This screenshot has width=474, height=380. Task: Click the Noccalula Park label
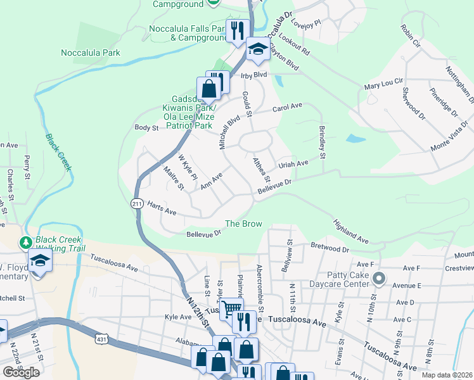click(x=90, y=53)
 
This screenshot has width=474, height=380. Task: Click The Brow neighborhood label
click(x=244, y=224)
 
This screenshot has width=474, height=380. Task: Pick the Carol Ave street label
click(x=288, y=107)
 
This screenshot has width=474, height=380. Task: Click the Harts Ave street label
click(x=161, y=208)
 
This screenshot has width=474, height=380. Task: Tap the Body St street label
click(x=146, y=128)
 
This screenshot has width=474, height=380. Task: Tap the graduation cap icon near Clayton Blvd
click(x=258, y=49)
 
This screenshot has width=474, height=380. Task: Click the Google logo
click(x=21, y=372)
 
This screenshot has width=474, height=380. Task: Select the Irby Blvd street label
click(x=255, y=75)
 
